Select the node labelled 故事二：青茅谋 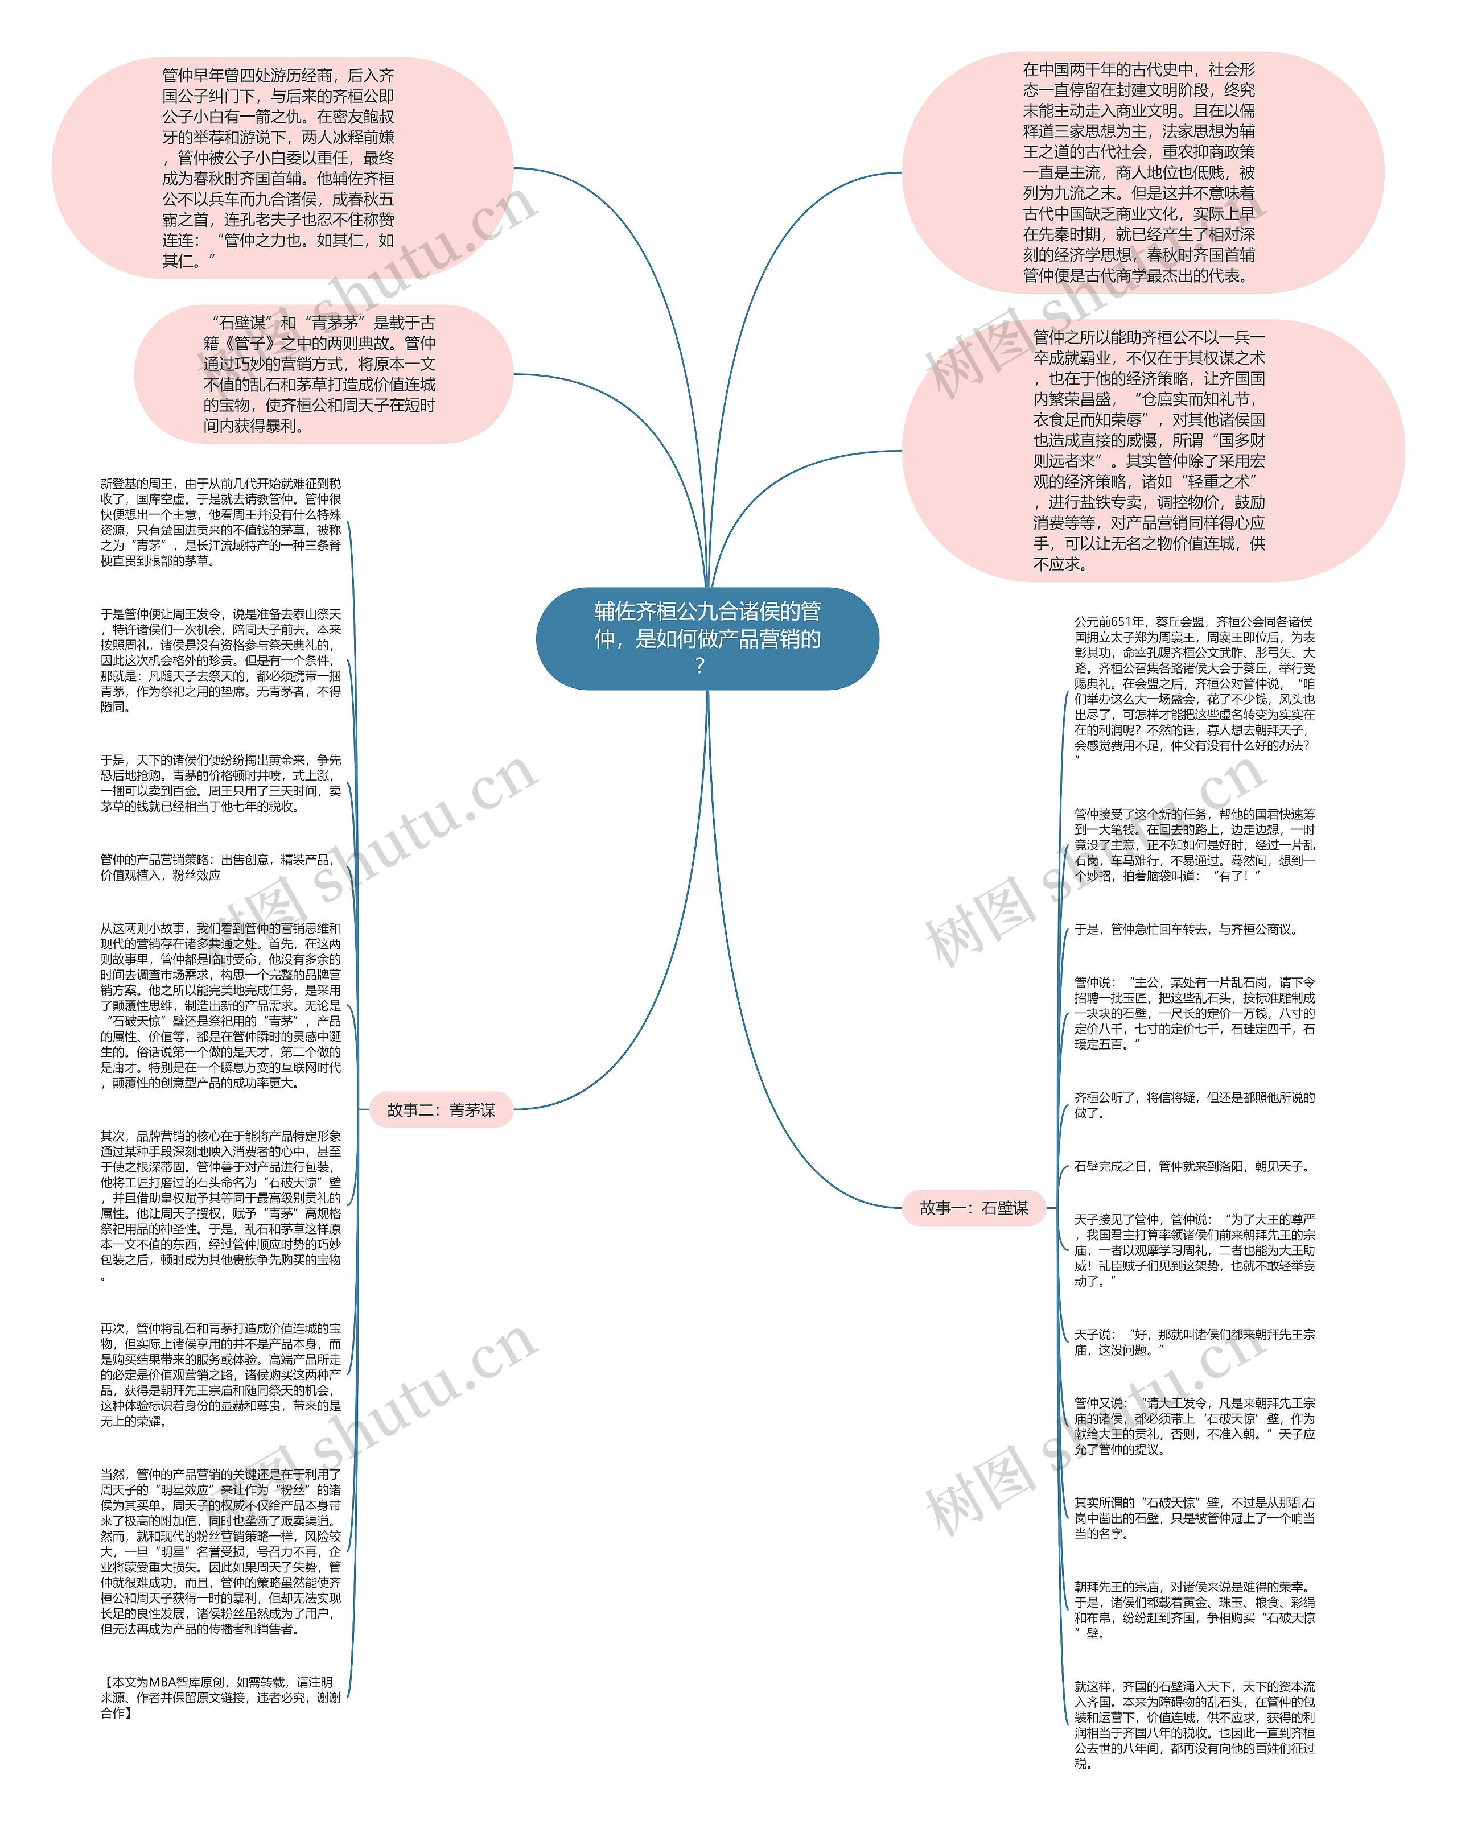pyautogui.click(x=441, y=1109)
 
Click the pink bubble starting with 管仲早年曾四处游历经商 pyautogui.click(x=282, y=168)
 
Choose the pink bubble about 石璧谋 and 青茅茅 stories pyautogui.click(x=323, y=374)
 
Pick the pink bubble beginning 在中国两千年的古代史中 pyautogui.click(x=1141, y=172)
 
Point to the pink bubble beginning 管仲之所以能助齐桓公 pyautogui.click(x=1151, y=451)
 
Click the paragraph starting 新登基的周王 pyautogui.click(x=221, y=522)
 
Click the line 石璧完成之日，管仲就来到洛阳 pyautogui.click(x=1191, y=1166)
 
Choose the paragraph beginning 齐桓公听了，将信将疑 pyautogui.click(x=1194, y=1105)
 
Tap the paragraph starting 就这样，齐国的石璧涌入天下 pyautogui.click(x=1194, y=1727)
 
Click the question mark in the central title pyautogui.click(x=699, y=667)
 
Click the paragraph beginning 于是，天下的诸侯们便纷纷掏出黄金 pyautogui.click(x=221, y=783)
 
